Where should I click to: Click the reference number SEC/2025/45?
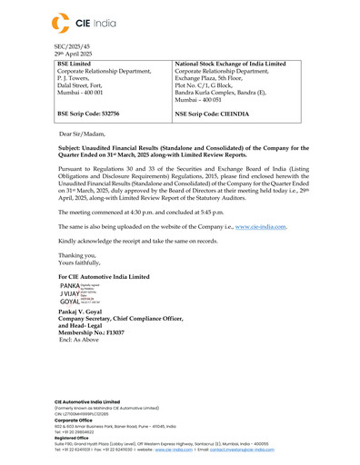click(x=73, y=45)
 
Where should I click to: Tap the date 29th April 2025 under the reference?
click(x=75, y=54)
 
